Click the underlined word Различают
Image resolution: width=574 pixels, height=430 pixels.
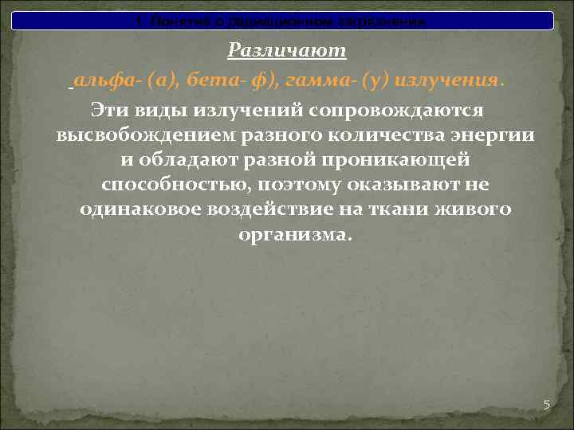[287, 51]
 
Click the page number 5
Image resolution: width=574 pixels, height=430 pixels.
[547, 405]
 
